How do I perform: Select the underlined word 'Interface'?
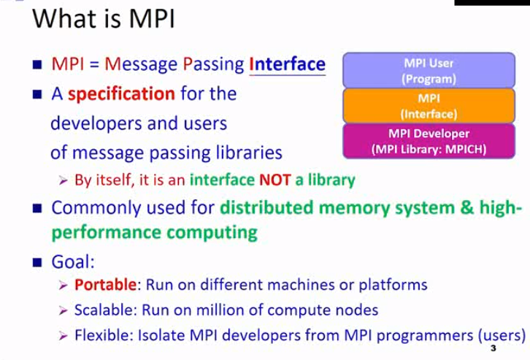pos(287,64)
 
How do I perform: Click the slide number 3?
pos(493,350)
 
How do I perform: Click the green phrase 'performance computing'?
pos(153,233)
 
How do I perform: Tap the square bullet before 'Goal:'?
pos(37,261)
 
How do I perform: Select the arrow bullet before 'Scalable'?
pos(64,310)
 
